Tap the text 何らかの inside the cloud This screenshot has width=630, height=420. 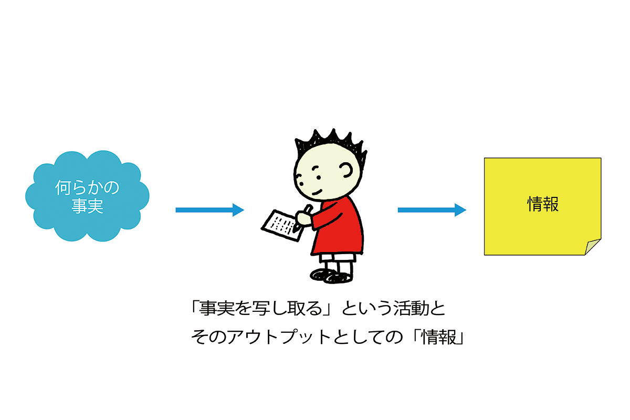(x=87, y=188)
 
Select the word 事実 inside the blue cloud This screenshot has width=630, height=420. (x=87, y=206)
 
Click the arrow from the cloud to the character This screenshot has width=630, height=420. (x=209, y=210)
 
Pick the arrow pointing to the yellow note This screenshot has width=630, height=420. (x=432, y=210)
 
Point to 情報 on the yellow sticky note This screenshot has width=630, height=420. (x=543, y=204)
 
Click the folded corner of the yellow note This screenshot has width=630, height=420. (x=593, y=247)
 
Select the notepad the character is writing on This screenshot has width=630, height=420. (x=280, y=225)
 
